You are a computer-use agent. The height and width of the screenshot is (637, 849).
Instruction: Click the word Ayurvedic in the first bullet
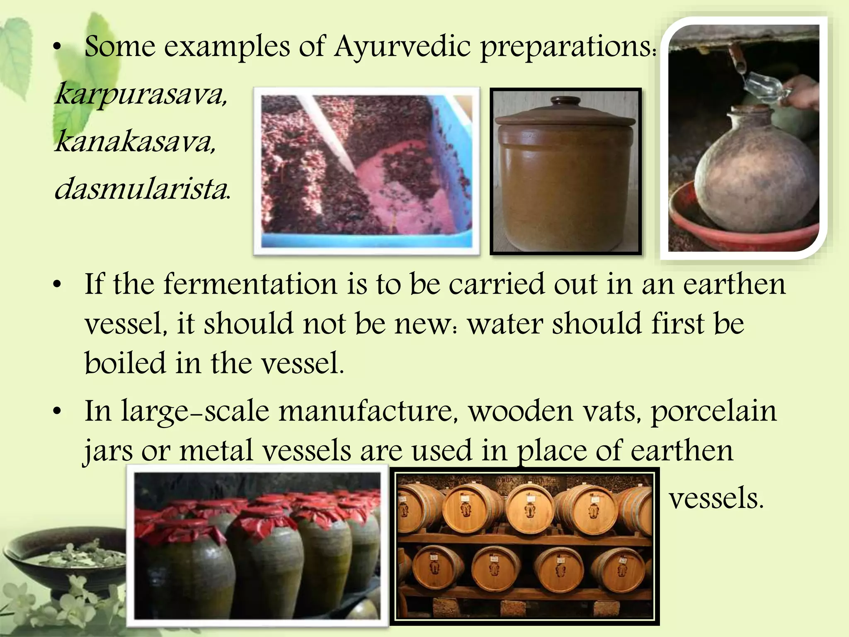click(402, 46)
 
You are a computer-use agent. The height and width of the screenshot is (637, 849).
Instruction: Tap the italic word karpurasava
click(141, 95)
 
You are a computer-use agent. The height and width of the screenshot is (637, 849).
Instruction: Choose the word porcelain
click(713, 411)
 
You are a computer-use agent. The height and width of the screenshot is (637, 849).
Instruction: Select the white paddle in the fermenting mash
click(327, 133)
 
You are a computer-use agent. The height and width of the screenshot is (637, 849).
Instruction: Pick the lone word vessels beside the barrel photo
click(716, 498)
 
